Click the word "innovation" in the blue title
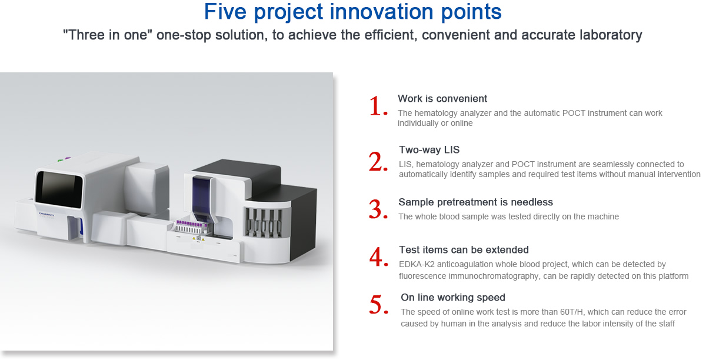point(381,12)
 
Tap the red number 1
point(378,106)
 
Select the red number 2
point(378,161)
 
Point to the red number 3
point(378,209)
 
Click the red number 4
point(378,256)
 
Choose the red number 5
point(378,305)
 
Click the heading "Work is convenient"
point(442,99)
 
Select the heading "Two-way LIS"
point(429,150)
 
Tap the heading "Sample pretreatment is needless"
point(475,202)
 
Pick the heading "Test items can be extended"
point(464,249)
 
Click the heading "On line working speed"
point(453,297)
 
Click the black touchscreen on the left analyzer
point(59,189)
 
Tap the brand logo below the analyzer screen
point(46,214)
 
